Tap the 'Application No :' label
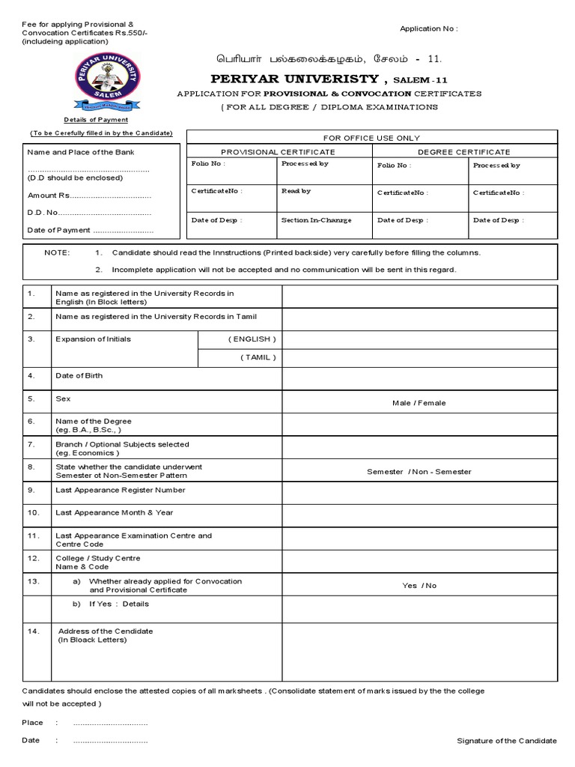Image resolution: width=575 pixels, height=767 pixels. click(428, 28)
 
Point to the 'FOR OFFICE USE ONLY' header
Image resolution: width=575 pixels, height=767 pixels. click(371, 138)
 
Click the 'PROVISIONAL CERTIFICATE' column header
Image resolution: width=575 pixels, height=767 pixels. click(278, 152)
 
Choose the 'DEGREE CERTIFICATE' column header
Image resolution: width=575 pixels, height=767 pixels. click(464, 152)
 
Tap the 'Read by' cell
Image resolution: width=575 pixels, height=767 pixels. click(296, 192)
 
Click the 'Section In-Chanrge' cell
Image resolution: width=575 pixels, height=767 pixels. click(316, 220)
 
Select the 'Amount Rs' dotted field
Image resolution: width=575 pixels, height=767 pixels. click(109, 195)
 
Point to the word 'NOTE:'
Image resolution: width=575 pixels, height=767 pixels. click(57, 253)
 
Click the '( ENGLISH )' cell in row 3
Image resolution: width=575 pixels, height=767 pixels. click(252, 339)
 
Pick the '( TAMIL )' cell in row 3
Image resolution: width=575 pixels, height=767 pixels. click(258, 357)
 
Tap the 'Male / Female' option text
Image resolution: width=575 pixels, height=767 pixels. click(419, 403)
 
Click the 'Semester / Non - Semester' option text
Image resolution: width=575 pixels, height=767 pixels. click(419, 472)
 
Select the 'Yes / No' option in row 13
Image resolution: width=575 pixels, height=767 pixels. click(419, 586)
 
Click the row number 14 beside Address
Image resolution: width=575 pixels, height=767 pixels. click(32, 631)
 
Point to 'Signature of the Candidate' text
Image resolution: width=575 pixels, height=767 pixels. click(507, 741)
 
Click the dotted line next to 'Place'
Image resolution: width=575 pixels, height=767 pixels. click(110, 724)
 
